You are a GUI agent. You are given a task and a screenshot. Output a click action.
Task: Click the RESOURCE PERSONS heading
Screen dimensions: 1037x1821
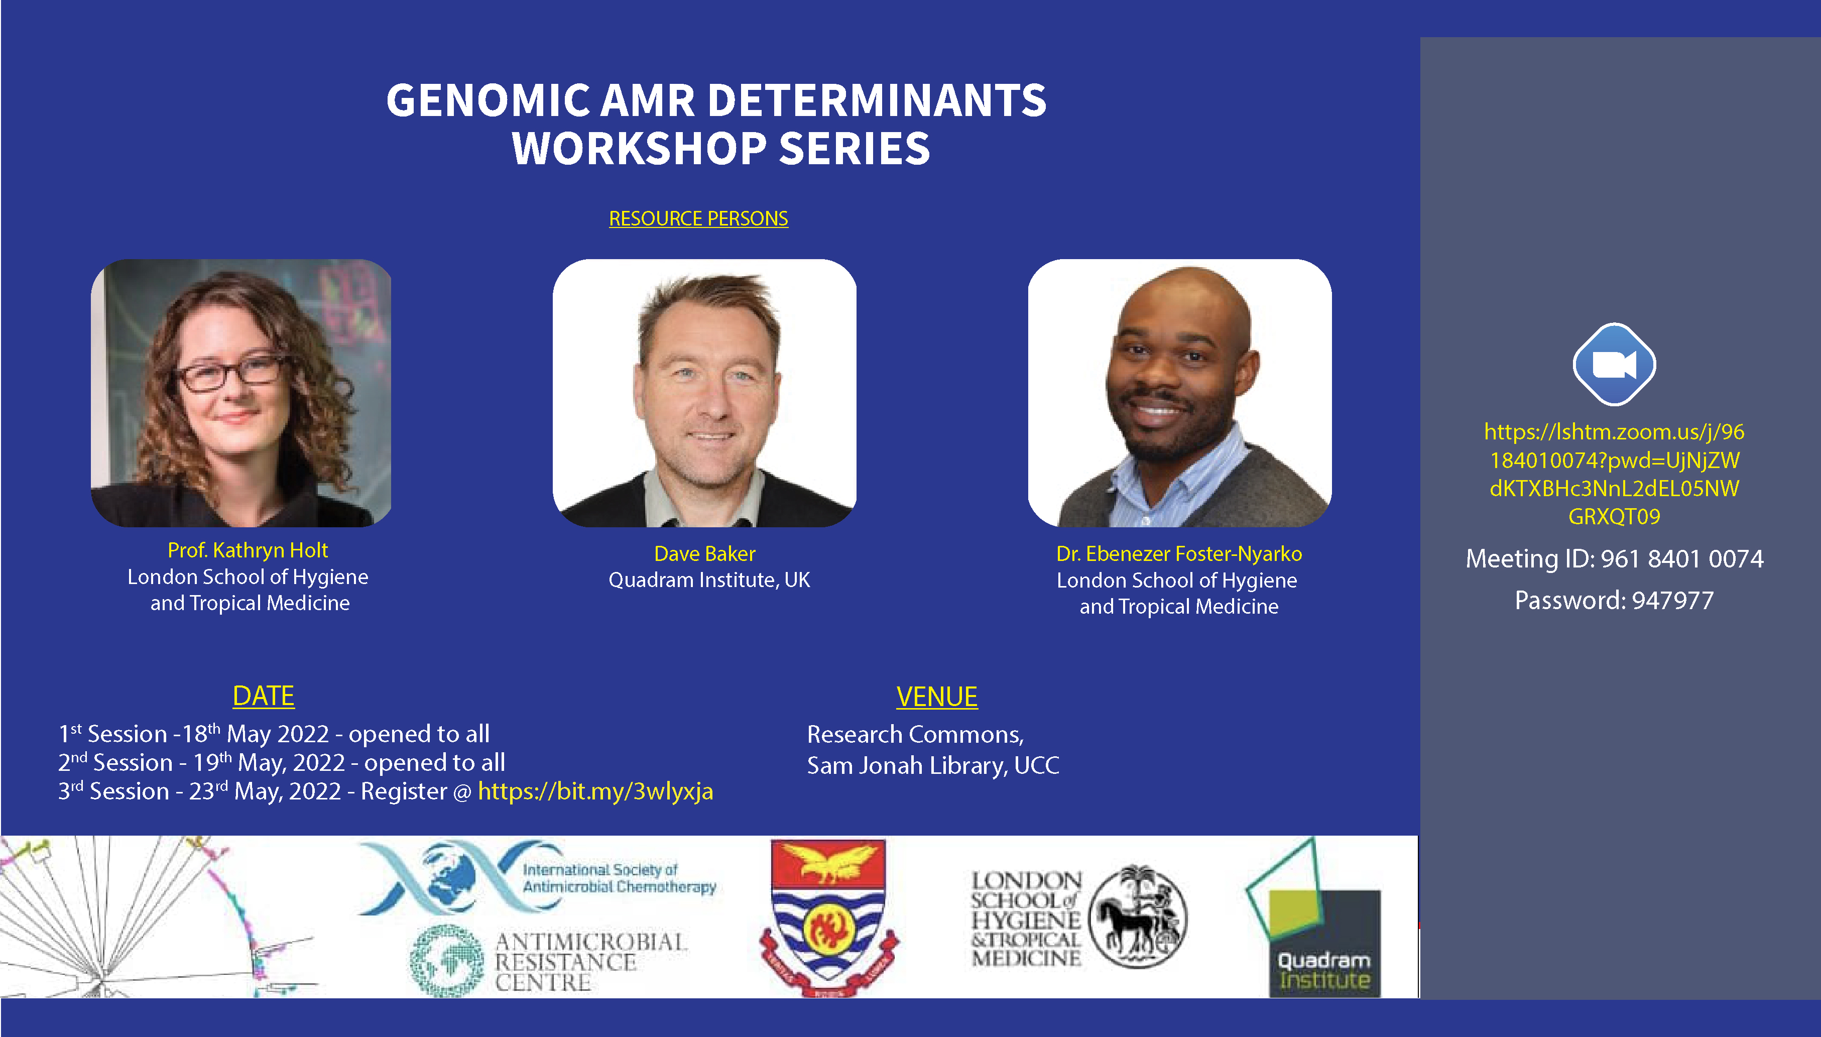698,218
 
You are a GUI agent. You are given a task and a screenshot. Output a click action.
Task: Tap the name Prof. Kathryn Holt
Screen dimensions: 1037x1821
247,550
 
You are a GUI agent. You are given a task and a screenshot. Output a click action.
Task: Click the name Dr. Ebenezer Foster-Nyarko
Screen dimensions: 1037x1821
1178,553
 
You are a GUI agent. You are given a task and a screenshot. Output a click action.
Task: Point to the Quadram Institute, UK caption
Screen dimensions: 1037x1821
708,580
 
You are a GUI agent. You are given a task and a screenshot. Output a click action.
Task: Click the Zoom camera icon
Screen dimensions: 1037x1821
1613,365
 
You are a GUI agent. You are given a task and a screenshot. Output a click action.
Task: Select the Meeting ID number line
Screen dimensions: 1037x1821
1614,558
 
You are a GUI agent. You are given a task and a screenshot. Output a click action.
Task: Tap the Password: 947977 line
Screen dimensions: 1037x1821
1613,601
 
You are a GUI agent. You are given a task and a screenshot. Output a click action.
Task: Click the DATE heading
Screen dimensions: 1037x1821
264,696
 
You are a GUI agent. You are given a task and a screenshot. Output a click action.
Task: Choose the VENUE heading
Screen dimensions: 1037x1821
936,697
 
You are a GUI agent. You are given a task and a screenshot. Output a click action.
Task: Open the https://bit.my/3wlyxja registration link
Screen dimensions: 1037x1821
595,791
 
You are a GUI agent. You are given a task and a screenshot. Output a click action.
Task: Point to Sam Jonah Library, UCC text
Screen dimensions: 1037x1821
932,766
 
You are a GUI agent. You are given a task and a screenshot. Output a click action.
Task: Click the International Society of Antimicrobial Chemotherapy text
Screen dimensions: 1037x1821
618,878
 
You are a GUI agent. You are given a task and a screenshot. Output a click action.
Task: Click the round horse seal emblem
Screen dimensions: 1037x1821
1137,916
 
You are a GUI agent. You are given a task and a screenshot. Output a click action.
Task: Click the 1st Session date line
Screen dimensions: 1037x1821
274,734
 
